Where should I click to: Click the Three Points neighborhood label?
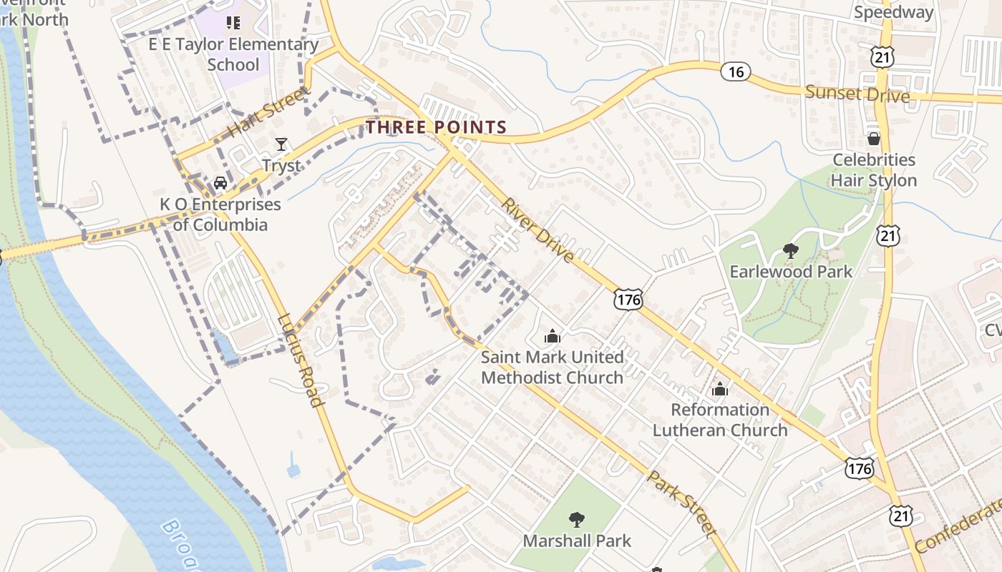pos(437,127)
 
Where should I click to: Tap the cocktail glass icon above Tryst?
pos(281,144)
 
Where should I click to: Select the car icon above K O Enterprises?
pos(220,182)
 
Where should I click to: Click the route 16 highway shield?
pos(735,71)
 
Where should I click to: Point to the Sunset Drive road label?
pos(857,94)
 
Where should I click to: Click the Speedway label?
pos(894,12)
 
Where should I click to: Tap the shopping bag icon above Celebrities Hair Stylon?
pos(873,139)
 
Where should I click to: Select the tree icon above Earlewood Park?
pos(791,251)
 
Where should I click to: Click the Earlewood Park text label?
pos(791,272)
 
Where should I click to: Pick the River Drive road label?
pos(538,230)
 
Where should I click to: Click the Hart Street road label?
pos(269,112)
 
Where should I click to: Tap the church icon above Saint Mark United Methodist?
pos(552,335)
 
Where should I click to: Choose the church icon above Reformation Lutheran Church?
pos(720,389)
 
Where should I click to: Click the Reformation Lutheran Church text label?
pos(720,420)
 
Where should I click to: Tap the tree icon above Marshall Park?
pos(577,520)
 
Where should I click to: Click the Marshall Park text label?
pos(577,541)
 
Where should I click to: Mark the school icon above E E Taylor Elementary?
pos(233,24)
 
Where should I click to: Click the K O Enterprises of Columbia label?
pos(220,214)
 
